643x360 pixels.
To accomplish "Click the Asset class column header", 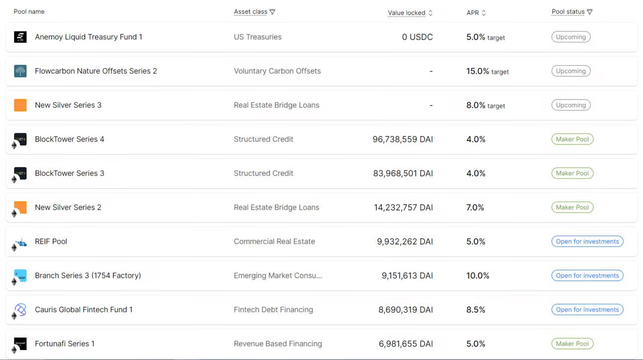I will coord(250,12).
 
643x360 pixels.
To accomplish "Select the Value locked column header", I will coord(406,13).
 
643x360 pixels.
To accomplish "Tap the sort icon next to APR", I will coord(484,13).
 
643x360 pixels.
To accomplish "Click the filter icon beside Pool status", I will coord(590,12).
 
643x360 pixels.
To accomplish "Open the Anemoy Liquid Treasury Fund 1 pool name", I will coord(89,37).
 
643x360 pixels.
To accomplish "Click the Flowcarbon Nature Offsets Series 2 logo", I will coord(20,71).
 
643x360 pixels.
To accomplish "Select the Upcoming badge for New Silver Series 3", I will coord(571,105).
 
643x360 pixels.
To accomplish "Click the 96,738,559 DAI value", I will coord(403,139).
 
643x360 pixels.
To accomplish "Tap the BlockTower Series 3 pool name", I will coord(70,173).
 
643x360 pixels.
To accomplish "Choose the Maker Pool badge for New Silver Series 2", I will coord(572,208).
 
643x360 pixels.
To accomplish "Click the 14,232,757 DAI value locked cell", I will coord(403,208).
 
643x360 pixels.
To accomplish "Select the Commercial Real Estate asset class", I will coord(274,241).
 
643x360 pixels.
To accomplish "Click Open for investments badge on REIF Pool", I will coord(587,241).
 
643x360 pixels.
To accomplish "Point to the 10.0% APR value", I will coord(478,276).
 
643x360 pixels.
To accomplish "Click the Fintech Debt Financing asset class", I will coord(273,310).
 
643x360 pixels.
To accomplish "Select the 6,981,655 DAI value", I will coord(406,344).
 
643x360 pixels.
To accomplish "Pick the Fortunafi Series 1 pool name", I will coord(65,344).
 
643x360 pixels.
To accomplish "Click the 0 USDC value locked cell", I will coord(417,37).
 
